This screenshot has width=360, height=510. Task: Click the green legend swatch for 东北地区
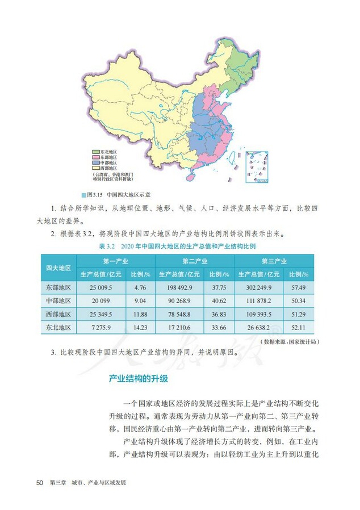95,152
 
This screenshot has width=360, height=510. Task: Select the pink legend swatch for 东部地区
95,157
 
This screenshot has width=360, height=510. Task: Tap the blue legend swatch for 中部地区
95,163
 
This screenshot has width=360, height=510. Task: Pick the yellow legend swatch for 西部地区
95,168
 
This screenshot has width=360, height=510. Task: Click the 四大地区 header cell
59,267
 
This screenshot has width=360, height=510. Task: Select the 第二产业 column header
194,261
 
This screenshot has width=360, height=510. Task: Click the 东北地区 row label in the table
59,328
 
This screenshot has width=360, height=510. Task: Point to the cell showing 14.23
139,328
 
